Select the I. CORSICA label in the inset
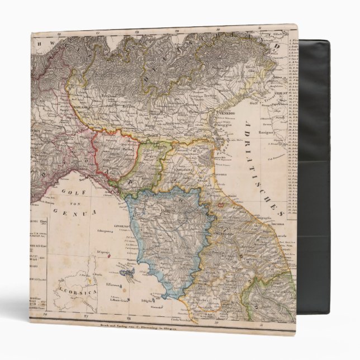click(x=67, y=291)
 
